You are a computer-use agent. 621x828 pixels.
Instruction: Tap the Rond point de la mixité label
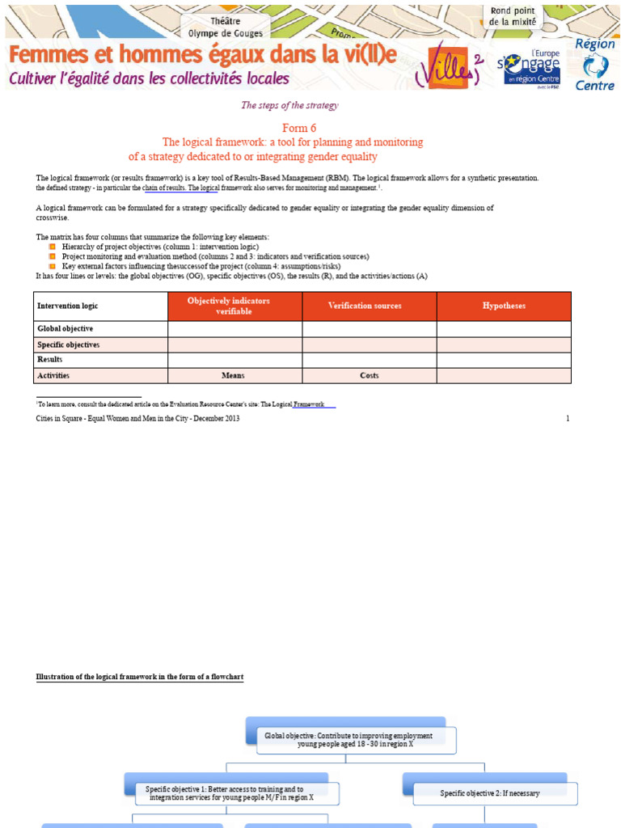tap(512, 17)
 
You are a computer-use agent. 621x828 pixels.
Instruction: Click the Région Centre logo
tap(594, 64)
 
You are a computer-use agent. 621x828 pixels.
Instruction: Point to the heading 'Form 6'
tap(299, 129)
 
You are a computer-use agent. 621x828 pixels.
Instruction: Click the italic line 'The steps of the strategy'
tap(289, 105)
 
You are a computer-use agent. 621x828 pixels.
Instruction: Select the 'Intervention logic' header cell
tap(101, 306)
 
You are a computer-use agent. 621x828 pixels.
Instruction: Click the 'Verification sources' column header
tap(370, 306)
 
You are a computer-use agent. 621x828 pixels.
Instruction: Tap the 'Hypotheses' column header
tap(504, 306)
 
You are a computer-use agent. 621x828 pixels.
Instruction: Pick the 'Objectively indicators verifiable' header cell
tap(234, 306)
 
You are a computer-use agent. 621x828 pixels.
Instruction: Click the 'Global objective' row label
tap(65, 329)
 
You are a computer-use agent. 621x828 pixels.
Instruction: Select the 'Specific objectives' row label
tap(69, 344)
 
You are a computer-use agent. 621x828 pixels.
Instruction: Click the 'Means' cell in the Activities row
tap(234, 376)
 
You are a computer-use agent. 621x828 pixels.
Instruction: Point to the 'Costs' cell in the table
tap(369, 376)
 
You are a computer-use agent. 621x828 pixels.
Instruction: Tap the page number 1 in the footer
tap(568, 419)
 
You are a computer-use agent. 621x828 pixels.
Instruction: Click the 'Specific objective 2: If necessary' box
tap(489, 793)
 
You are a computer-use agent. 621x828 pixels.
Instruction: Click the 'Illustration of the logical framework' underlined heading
tap(140, 677)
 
